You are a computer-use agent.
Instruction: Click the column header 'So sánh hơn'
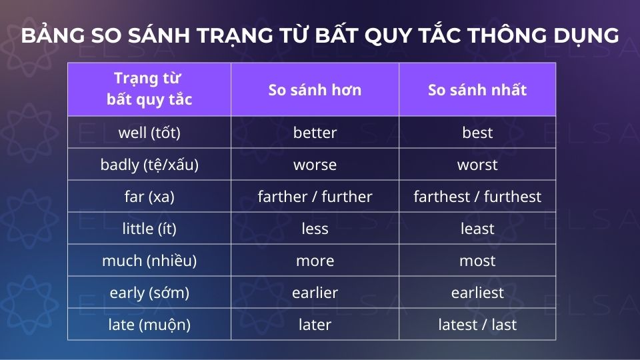[x=315, y=90]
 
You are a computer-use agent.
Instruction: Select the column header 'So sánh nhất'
[x=477, y=90]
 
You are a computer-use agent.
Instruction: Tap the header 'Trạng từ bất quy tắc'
[x=149, y=90]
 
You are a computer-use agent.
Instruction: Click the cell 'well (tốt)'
[x=149, y=133]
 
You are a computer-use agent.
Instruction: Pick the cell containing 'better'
[x=315, y=133]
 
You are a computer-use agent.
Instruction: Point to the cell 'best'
[x=477, y=133]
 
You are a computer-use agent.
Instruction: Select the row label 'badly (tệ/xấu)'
[x=149, y=165]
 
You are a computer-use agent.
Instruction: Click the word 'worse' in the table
[x=315, y=165]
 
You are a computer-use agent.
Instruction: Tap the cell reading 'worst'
[x=477, y=165]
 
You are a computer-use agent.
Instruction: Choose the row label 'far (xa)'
[x=149, y=197]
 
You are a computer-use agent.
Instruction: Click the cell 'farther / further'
[x=315, y=197]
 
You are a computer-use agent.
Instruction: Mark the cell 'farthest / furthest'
[x=477, y=197]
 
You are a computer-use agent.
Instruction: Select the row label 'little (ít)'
[x=149, y=229]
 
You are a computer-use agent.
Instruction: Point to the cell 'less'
[x=315, y=229]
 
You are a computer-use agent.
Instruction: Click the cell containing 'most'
[x=477, y=261]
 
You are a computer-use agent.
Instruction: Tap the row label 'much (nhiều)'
[x=149, y=261]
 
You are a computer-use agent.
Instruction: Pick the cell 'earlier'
[x=315, y=293]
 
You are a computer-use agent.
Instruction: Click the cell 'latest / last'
[x=477, y=325]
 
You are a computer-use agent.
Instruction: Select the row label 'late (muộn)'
[x=149, y=325]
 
